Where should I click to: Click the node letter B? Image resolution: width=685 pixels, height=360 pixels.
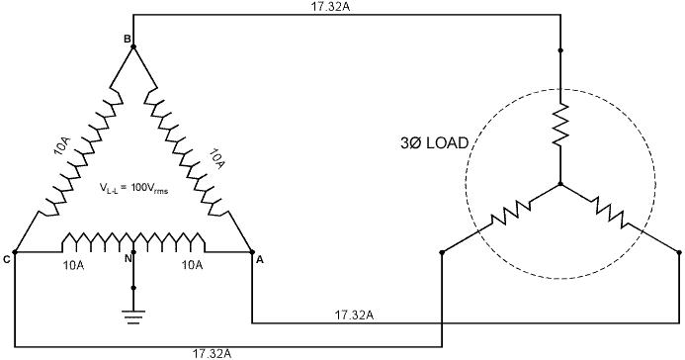128,40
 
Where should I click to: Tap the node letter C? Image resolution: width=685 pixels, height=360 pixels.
6,260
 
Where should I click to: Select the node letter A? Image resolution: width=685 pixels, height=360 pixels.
260,260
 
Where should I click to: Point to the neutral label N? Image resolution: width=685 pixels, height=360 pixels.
128,259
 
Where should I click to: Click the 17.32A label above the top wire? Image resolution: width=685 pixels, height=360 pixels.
330,7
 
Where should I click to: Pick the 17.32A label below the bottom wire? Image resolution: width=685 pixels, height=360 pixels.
213,353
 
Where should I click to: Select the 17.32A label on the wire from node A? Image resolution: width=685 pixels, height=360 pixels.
354,315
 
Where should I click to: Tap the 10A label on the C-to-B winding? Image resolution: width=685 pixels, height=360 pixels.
62,146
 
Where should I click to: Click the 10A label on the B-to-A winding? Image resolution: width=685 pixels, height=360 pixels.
216,158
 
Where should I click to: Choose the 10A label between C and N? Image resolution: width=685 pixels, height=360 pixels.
73,265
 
